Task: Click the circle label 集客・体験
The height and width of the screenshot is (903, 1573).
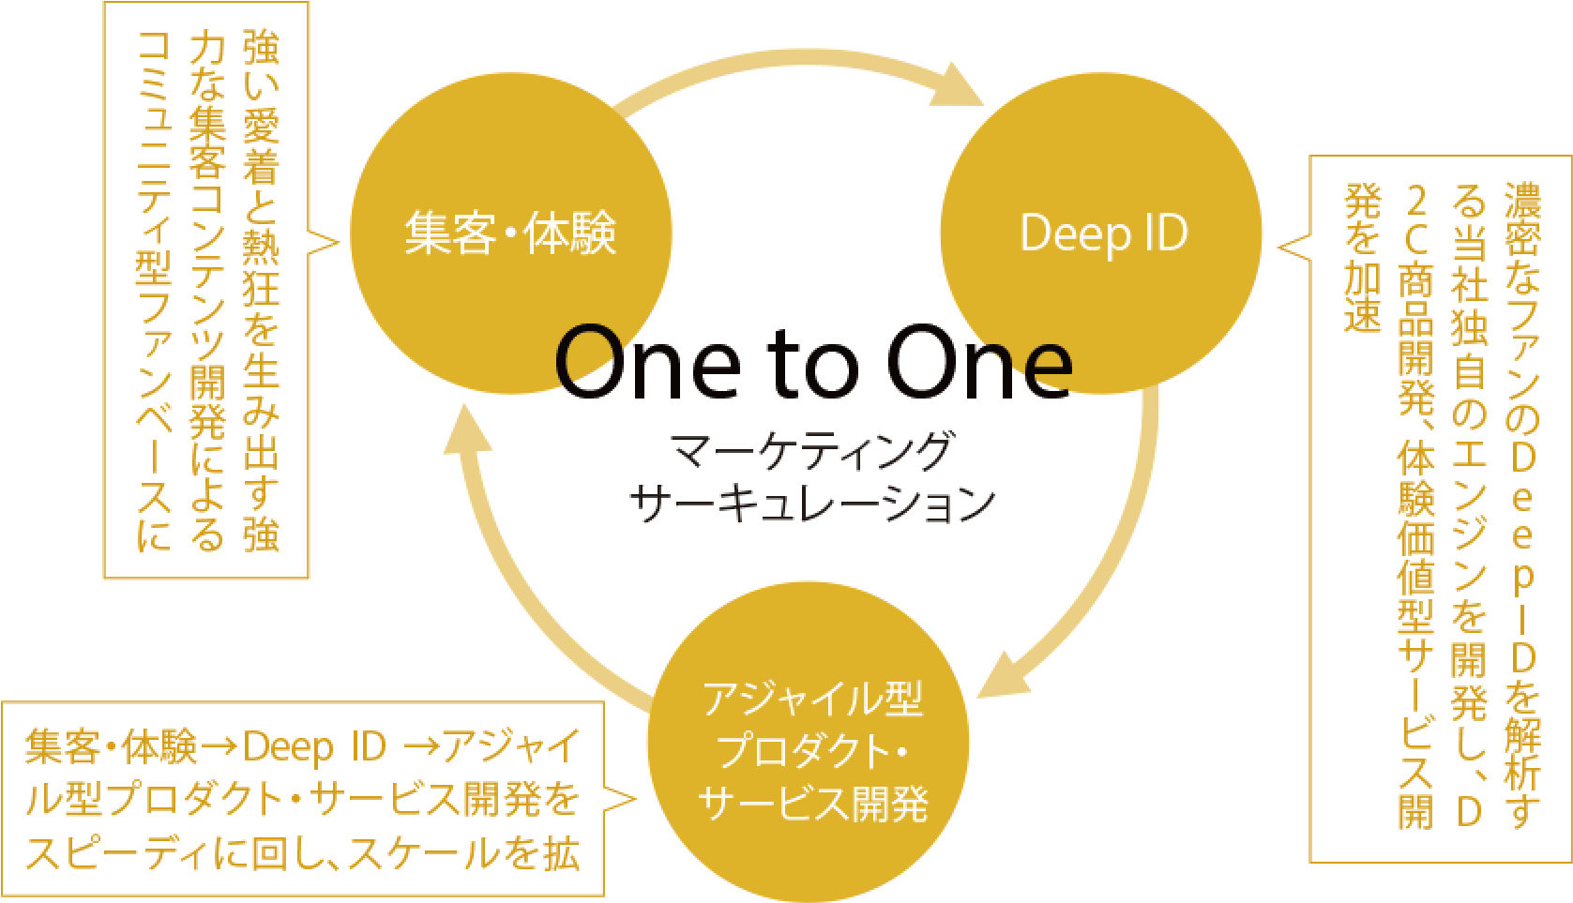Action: click(x=510, y=233)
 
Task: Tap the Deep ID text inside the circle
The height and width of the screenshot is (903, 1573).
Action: click(x=1103, y=234)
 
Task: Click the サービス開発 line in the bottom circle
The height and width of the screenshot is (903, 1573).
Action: click(x=812, y=804)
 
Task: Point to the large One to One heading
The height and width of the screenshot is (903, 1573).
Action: click(x=813, y=362)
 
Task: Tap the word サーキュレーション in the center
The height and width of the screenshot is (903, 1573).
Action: click(x=811, y=504)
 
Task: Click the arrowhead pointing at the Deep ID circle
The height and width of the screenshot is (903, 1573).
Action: click(x=957, y=86)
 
